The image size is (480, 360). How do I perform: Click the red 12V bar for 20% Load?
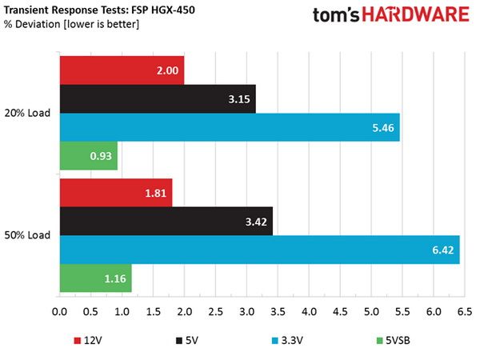point(122,70)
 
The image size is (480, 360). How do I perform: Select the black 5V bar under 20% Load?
point(158,99)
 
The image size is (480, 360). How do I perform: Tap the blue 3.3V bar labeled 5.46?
point(230,127)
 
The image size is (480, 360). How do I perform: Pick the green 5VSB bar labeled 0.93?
point(89,156)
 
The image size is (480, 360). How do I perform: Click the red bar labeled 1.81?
point(116,193)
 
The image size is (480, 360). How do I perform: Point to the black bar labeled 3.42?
point(166,222)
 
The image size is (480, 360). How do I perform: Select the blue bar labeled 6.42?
point(259,250)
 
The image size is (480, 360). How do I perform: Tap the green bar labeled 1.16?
point(96,278)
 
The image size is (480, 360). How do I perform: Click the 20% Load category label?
point(27,113)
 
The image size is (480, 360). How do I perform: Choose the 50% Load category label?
point(27,235)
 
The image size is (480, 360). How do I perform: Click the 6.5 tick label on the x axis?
point(465,312)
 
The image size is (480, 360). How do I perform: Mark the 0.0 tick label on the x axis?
point(59,312)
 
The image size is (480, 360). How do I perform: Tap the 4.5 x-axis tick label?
point(340,312)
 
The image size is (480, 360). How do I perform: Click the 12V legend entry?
point(88,341)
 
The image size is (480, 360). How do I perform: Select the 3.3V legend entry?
point(287,341)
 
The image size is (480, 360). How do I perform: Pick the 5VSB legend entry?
point(393,341)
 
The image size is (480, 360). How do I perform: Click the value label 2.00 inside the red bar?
point(167,70)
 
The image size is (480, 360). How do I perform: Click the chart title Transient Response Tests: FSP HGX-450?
point(99,10)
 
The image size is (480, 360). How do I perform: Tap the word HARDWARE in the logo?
point(415,14)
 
